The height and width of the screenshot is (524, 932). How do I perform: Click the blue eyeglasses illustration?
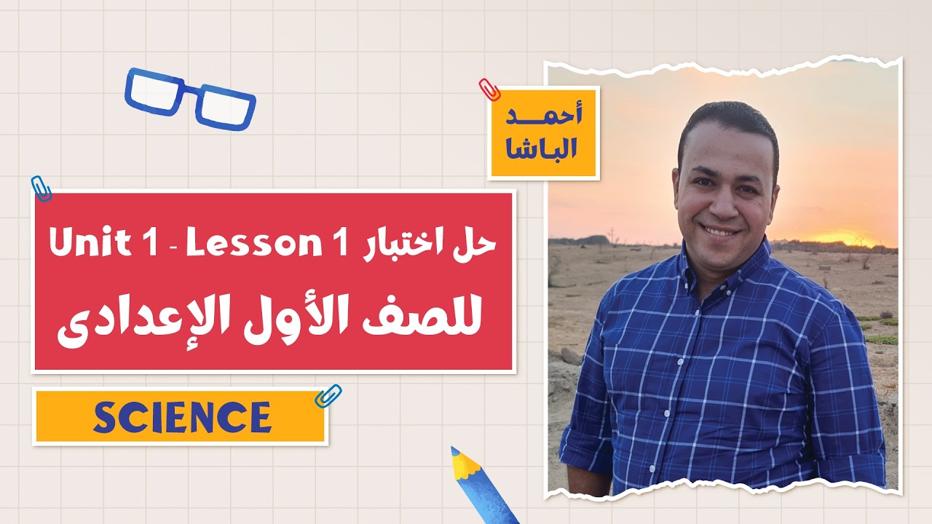pyautogui.click(x=191, y=98)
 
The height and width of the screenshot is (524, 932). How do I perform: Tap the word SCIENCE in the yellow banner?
pyautogui.click(x=182, y=417)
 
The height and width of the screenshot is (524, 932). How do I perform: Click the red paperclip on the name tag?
pyautogui.click(x=489, y=90)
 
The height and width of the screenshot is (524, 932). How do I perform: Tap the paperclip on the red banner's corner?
pyautogui.click(x=42, y=188)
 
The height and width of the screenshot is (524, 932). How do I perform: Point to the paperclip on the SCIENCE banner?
pyautogui.click(x=328, y=396)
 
